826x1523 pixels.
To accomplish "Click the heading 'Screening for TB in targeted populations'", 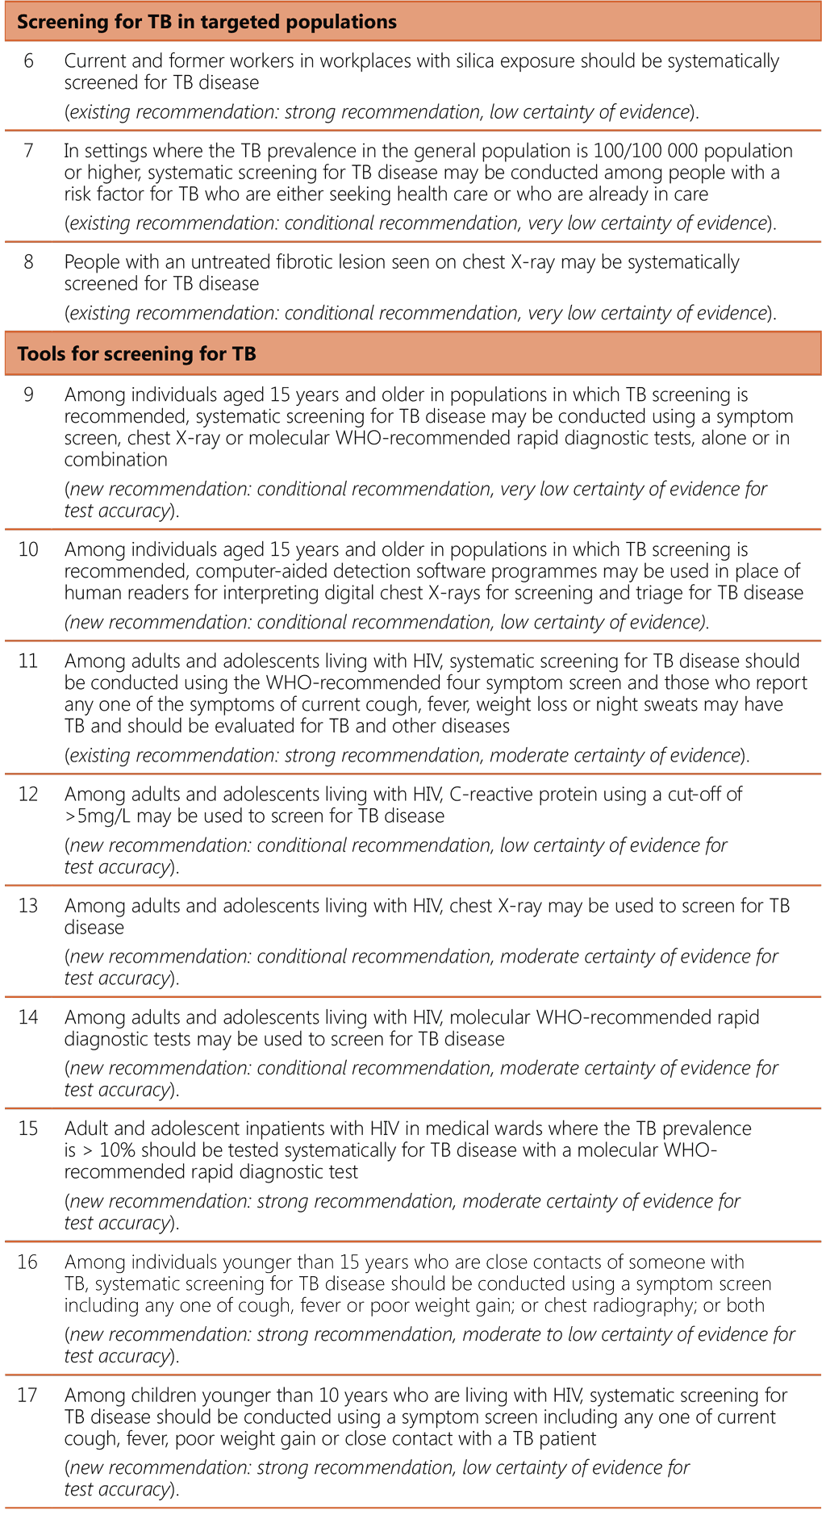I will tap(206, 22).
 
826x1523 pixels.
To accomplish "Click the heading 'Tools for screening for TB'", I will tap(136, 353).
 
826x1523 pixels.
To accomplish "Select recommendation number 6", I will tap(28, 61).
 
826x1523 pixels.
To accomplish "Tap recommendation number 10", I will tap(28, 550).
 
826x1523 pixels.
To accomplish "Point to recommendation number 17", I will tap(28, 1395).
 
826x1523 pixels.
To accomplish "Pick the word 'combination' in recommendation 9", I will tap(116, 460).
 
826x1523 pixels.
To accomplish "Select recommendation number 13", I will tap(28, 906).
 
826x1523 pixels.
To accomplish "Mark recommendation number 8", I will tap(28, 262).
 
